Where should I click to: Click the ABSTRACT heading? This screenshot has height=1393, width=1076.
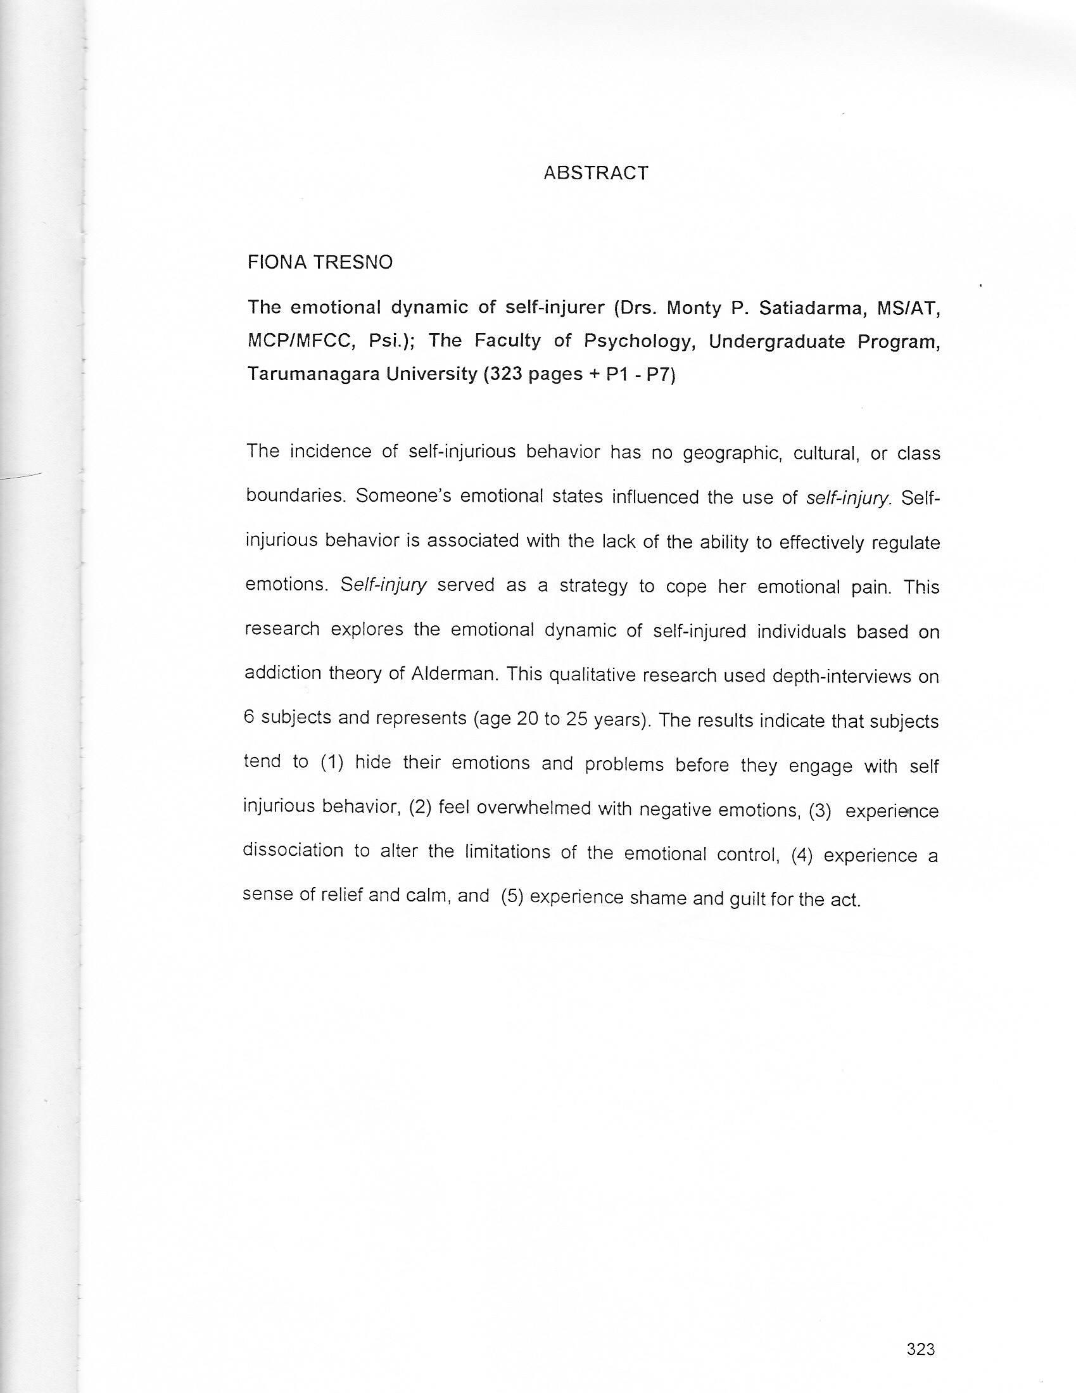(x=596, y=173)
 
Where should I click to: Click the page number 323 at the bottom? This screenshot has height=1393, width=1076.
(x=920, y=1349)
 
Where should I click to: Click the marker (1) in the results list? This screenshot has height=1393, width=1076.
(x=332, y=762)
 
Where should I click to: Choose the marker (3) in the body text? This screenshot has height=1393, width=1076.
(x=820, y=811)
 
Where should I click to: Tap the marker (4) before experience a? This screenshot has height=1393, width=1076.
(x=802, y=855)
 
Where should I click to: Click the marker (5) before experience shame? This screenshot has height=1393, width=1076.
(x=512, y=897)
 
